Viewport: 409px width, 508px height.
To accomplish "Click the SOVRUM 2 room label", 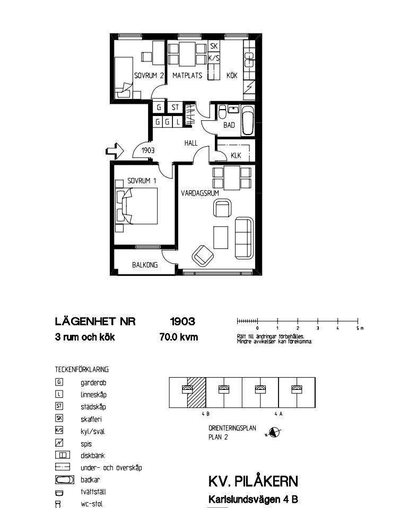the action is [149, 76].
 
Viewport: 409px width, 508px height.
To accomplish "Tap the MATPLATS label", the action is [187, 76].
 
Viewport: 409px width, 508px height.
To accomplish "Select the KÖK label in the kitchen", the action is [232, 76].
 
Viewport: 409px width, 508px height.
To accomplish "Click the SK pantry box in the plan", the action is [214, 46].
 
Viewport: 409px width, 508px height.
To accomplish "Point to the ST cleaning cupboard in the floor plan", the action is [175, 107].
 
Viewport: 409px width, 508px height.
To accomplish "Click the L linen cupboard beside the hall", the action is [178, 122].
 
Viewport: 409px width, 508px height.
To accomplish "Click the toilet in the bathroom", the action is [222, 112].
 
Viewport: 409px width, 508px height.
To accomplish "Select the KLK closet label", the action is [236, 156].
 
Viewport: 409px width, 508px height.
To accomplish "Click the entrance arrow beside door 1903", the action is [115, 151].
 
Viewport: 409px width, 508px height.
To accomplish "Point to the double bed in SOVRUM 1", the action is [136, 206].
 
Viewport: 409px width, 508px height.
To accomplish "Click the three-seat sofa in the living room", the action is [244, 238].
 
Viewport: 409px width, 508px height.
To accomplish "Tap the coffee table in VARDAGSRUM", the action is [221, 237].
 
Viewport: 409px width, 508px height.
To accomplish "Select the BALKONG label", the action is [145, 265].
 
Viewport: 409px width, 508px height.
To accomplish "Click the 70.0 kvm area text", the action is [179, 337].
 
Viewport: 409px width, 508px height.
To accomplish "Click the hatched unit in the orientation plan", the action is [197, 393].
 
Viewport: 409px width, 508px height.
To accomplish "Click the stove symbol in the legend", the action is [59, 442].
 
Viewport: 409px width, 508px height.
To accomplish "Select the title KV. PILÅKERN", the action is [253, 482].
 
